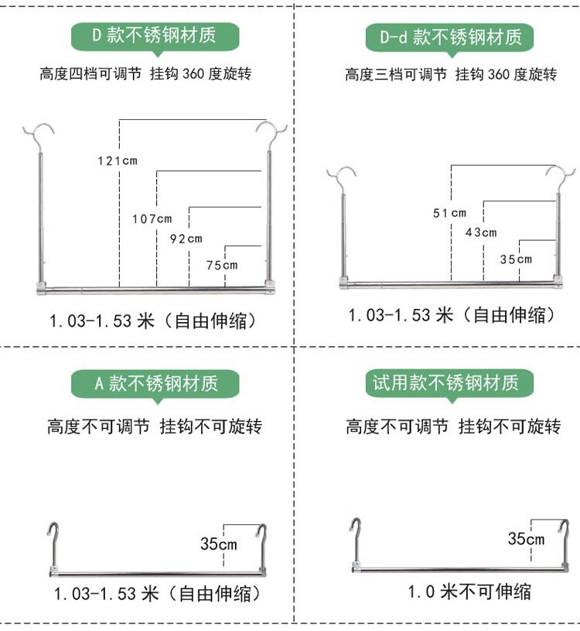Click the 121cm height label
(x=118, y=161)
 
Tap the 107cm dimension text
(x=152, y=219)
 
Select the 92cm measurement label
(x=186, y=238)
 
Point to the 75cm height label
(x=222, y=266)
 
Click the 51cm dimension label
(x=450, y=213)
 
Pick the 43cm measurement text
(x=481, y=232)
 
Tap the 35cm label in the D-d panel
(x=516, y=259)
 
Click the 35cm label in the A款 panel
(x=219, y=544)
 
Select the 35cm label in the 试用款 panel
(x=526, y=538)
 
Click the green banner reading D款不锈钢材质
(x=155, y=37)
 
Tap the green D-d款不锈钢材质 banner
(x=450, y=38)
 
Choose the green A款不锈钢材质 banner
(x=155, y=384)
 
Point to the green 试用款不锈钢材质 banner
(x=450, y=383)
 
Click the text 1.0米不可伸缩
(x=469, y=592)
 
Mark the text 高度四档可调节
(x=90, y=74)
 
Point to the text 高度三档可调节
(x=396, y=74)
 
